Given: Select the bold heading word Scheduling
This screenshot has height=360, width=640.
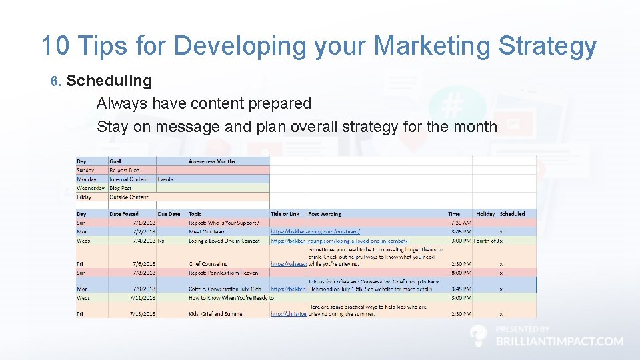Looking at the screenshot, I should click(109, 81).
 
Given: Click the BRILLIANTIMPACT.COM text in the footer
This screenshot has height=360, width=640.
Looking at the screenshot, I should click(559, 341).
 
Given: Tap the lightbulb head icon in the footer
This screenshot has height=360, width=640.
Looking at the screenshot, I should click(478, 336).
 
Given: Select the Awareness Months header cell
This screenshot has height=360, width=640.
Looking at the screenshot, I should click(213, 161).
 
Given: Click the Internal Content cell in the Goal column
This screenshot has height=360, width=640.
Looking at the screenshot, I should click(129, 179).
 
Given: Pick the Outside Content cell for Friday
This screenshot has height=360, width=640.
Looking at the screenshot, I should click(129, 197).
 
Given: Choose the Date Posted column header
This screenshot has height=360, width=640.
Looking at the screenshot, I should click(124, 214).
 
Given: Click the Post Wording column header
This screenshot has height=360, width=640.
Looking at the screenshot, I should click(325, 214).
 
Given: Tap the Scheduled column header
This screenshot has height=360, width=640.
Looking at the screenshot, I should click(512, 214).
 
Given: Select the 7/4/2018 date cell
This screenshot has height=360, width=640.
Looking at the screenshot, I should click(143, 240).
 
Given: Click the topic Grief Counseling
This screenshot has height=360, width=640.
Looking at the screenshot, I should click(208, 264).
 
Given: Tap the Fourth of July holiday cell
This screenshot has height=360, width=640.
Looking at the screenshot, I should click(487, 240).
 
